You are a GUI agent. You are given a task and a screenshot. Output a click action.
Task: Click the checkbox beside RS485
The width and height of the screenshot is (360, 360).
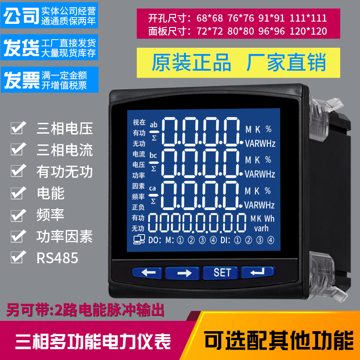coord(18,257)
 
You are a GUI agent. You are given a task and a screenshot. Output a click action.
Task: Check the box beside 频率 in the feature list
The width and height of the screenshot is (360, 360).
coord(18,214)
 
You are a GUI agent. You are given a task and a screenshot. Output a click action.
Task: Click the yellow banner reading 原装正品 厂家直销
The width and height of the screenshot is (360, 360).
coord(238,63)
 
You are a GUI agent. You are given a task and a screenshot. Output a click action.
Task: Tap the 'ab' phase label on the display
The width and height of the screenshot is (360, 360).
coord(154,125)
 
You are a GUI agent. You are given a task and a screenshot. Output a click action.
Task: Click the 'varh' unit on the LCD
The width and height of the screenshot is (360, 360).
coord(261,228)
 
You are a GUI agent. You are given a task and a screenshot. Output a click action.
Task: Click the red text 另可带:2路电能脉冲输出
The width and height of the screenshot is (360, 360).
coord(85,310)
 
